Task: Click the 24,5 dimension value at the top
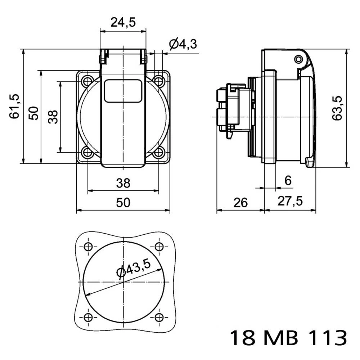[x=123, y=22]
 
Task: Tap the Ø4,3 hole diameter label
[x=183, y=44]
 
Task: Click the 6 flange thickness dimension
[x=288, y=181]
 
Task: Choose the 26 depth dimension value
[x=240, y=203]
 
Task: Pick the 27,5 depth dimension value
[x=290, y=201]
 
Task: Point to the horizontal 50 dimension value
[x=123, y=203]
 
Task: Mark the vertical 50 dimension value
[x=33, y=113]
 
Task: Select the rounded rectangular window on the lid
[x=123, y=91]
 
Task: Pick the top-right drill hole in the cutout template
[x=159, y=247]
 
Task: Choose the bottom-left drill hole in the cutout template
[x=88, y=317]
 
